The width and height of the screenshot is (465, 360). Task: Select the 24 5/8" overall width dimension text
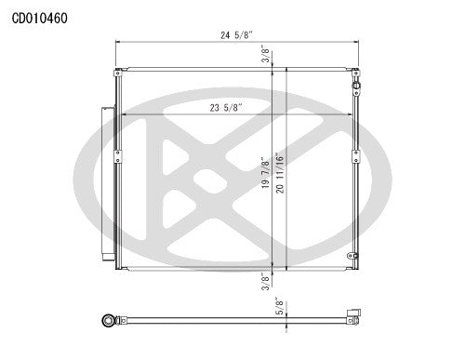235,36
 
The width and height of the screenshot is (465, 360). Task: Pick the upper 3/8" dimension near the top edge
267,53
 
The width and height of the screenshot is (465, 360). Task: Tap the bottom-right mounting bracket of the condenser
354,260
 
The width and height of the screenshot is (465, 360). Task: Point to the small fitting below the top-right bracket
355,86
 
